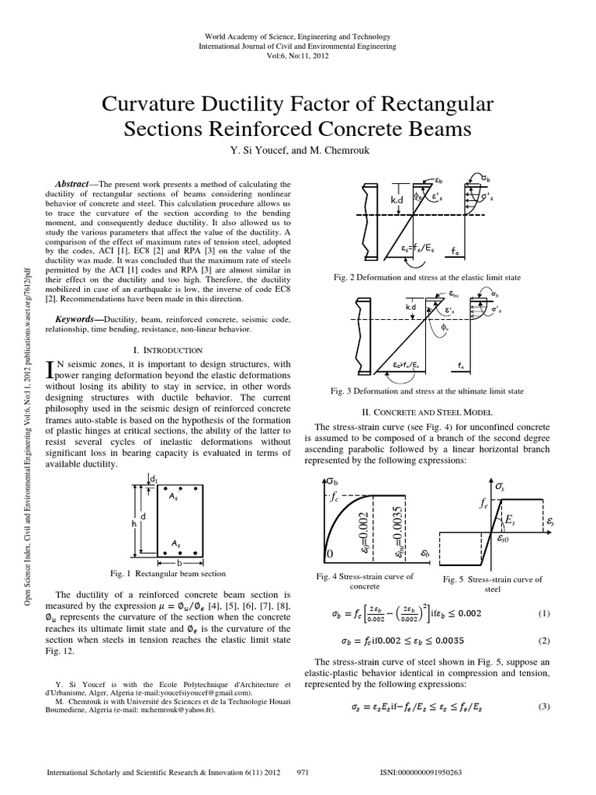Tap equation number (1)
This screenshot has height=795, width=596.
[x=543, y=613]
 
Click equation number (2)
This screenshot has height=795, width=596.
[x=543, y=641]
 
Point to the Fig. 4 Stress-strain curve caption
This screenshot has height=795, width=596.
[x=365, y=581]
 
